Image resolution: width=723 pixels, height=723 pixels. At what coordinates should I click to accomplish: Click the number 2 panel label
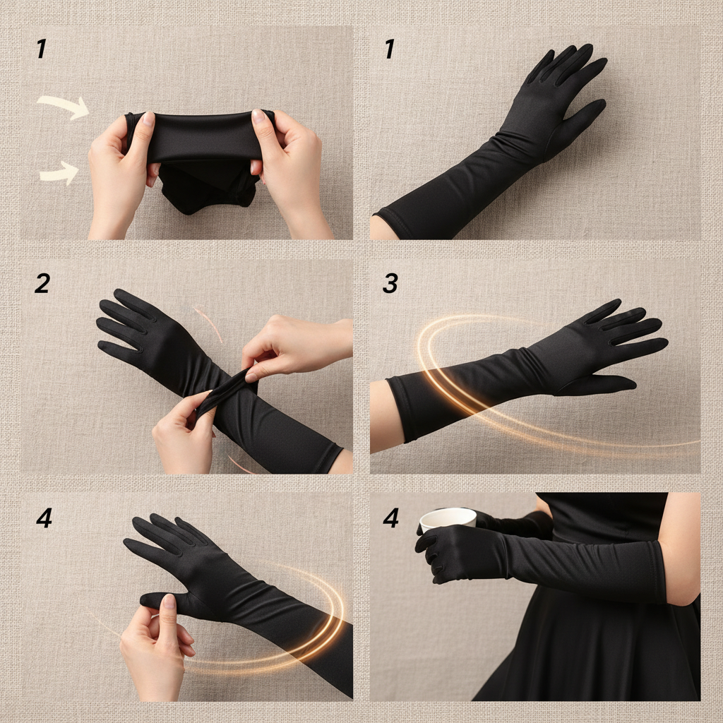click(x=42, y=283)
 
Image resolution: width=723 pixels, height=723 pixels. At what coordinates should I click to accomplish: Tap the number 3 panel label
click(x=390, y=283)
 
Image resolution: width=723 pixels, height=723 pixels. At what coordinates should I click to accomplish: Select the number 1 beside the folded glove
click(x=41, y=49)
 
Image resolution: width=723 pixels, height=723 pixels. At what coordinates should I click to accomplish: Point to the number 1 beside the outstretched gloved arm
click(x=388, y=49)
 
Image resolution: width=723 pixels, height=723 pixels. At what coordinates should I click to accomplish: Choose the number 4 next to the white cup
click(x=390, y=518)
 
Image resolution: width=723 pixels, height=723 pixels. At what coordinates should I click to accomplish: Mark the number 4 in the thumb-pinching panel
click(x=43, y=518)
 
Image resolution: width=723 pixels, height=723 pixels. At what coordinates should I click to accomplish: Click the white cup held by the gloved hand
click(x=448, y=519)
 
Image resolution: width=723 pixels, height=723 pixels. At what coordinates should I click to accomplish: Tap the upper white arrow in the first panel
click(x=64, y=106)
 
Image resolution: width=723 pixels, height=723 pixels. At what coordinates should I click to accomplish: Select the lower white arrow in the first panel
click(x=60, y=172)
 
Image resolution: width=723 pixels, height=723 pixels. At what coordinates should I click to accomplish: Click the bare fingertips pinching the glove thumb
click(x=167, y=604)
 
